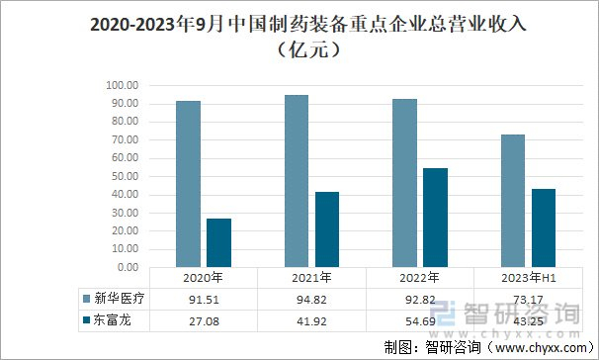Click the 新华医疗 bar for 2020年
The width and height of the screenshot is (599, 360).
[x=189, y=184]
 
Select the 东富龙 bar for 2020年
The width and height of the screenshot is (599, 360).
[x=218, y=242]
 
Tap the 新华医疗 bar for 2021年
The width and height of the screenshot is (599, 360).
[x=297, y=181]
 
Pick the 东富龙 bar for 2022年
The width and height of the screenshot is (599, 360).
[x=435, y=218]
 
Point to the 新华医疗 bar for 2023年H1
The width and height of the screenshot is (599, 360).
[x=513, y=201]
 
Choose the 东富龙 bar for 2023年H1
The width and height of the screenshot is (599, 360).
[x=544, y=227]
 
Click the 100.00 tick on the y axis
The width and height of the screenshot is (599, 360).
[x=123, y=85]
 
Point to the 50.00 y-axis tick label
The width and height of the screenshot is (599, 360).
[x=125, y=176]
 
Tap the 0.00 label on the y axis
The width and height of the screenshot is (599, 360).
[x=128, y=267]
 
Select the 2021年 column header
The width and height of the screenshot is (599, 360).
[x=311, y=278]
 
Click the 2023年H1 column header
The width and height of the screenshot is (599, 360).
[x=529, y=278]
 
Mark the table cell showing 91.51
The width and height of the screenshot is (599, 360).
[x=204, y=300]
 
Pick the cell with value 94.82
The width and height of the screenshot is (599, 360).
[x=311, y=300]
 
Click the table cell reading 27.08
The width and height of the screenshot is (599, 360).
[x=204, y=321]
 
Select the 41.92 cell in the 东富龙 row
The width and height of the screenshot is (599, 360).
[x=311, y=321]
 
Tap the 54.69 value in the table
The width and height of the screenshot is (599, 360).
[x=420, y=321]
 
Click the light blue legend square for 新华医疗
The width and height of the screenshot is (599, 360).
[x=87, y=299]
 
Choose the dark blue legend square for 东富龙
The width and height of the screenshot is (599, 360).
[x=87, y=319]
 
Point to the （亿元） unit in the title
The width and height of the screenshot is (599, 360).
[x=308, y=49]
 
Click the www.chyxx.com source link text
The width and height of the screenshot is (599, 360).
[x=540, y=348]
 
